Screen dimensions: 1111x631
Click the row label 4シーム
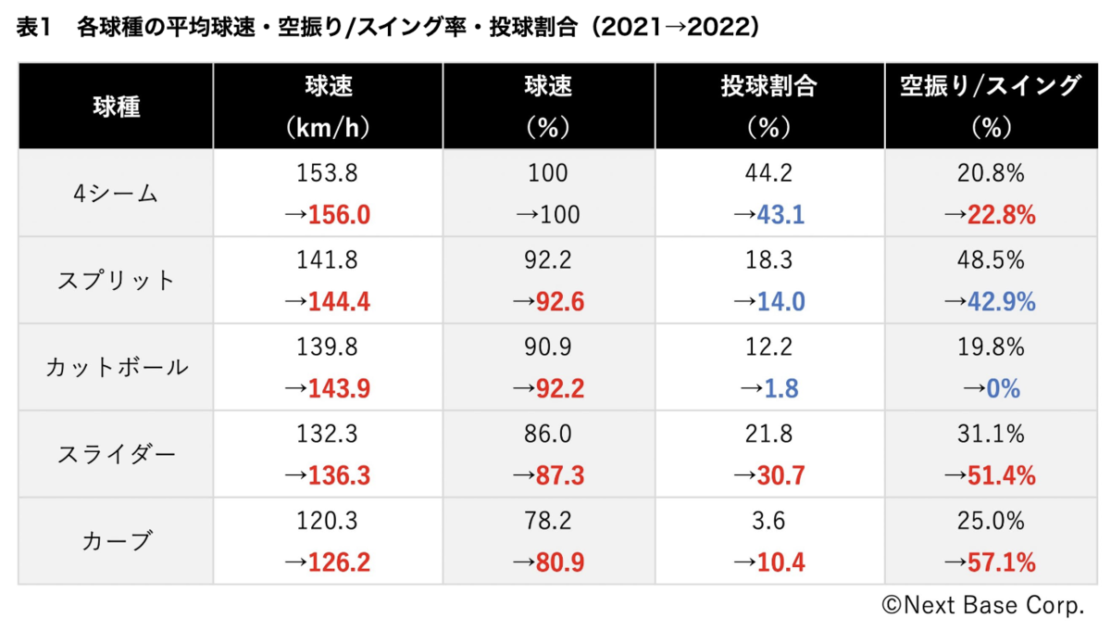point(116,194)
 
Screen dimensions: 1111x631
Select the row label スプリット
point(116,281)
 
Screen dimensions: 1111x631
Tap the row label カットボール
point(117,367)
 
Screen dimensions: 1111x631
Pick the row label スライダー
point(117,454)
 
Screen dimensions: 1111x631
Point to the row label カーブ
point(117,541)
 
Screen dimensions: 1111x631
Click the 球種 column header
point(117,107)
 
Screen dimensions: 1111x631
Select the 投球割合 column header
point(768,86)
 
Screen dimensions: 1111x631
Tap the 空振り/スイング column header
point(991,86)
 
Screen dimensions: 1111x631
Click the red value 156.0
point(339,215)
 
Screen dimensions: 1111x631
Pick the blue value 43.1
point(780,215)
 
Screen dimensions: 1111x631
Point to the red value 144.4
point(339,302)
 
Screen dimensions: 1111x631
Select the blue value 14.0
point(780,302)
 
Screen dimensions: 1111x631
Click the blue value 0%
point(1003,389)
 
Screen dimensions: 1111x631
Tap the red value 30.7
point(780,475)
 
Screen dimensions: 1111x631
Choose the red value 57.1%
point(1002,562)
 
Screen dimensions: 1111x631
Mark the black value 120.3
point(327,521)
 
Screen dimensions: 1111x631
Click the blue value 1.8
point(781,389)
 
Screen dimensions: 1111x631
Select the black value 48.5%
point(991,260)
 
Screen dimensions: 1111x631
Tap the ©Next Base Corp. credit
point(983,606)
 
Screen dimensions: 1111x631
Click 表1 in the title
point(33,27)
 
